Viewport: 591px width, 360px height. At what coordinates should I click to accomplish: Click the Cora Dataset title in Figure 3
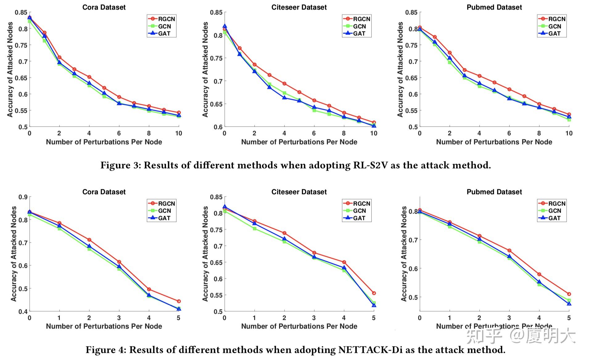(x=104, y=7)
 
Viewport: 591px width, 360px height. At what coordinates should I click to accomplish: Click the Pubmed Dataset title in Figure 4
(x=494, y=192)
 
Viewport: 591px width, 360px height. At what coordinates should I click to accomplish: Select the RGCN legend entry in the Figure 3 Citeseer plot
(x=361, y=19)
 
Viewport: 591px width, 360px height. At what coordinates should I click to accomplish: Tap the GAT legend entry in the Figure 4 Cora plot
(x=164, y=218)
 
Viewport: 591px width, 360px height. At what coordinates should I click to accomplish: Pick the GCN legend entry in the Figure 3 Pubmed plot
(x=554, y=27)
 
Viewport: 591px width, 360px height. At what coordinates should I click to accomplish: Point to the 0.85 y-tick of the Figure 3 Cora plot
(x=21, y=13)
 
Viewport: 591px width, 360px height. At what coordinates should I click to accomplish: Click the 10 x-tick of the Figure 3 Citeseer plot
(x=374, y=133)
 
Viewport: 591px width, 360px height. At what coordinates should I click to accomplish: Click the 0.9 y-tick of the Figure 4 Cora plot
(x=23, y=197)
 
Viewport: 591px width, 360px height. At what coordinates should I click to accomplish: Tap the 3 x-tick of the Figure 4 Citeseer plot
(x=314, y=318)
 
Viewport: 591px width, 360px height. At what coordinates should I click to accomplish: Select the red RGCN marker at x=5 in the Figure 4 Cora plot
(x=179, y=301)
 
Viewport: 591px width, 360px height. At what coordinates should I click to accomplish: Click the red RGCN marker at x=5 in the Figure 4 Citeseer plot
(x=374, y=293)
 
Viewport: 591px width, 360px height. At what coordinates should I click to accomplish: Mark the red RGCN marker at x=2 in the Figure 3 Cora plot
(x=59, y=58)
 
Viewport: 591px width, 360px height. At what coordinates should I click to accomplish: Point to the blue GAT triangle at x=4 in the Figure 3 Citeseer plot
(x=284, y=98)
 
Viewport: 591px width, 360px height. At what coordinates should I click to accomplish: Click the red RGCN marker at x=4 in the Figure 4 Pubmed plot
(x=539, y=274)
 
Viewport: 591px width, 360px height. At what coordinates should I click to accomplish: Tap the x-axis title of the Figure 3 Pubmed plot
(x=494, y=142)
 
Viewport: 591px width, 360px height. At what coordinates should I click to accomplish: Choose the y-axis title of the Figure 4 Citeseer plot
(x=205, y=254)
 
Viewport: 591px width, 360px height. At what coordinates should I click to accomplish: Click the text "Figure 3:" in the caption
(x=120, y=166)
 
